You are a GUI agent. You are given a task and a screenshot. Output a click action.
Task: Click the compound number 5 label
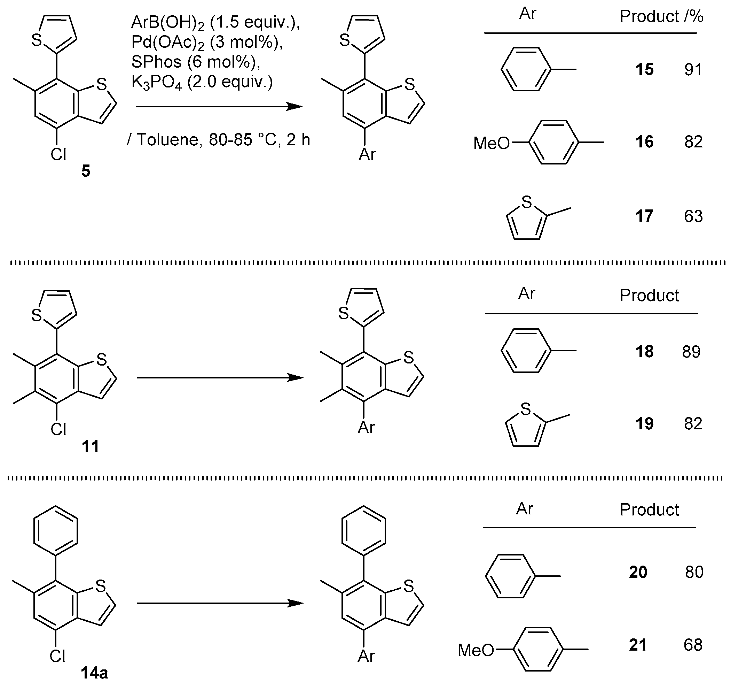(86, 171)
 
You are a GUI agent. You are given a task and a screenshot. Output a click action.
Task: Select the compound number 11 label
(90, 446)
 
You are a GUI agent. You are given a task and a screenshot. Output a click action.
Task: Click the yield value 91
(693, 70)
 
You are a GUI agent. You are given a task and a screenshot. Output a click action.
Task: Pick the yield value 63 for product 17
(693, 216)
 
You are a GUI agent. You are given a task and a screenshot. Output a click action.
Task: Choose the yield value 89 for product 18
(691, 352)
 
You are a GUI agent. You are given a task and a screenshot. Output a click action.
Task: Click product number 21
(638, 645)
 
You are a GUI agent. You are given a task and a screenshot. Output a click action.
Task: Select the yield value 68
(693, 645)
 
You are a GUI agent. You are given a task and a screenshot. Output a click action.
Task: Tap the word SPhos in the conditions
(156, 62)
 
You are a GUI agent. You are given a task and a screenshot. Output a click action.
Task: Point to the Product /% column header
(661, 17)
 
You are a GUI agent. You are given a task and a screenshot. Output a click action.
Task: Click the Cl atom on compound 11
(58, 429)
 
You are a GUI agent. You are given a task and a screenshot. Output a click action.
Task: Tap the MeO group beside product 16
(491, 143)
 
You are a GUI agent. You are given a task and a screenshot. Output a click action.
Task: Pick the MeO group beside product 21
(476, 650)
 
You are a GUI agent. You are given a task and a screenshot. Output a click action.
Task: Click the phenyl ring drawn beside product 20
(510, 576)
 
